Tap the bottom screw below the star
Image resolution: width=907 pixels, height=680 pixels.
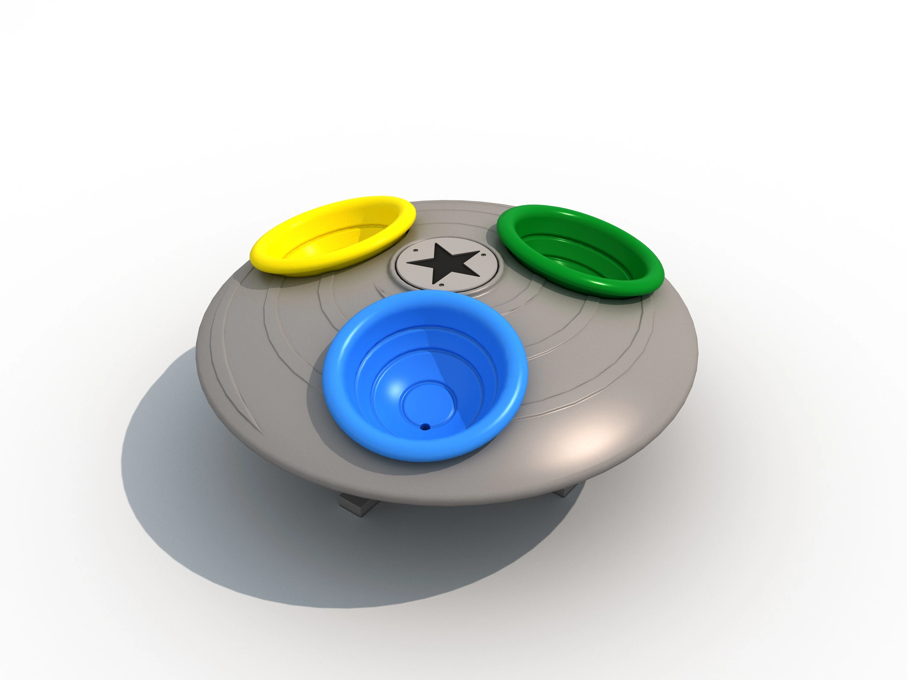[x=441, y=284]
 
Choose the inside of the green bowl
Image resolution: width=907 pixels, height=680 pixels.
[x=582, y=254]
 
